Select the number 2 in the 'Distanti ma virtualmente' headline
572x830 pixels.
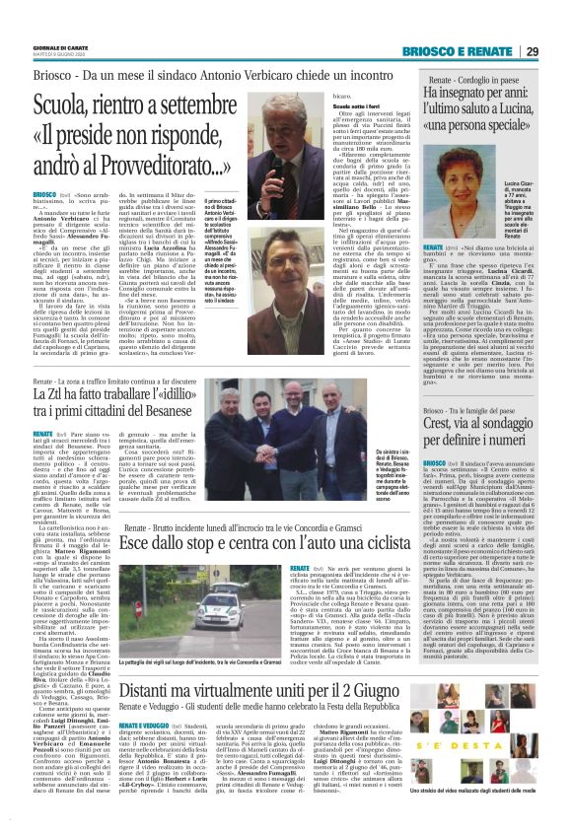(364, 707)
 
